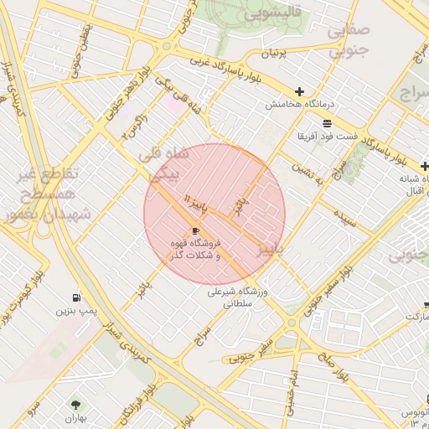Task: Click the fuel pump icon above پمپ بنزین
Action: pos(77,297)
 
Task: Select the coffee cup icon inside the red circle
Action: pos(196,230)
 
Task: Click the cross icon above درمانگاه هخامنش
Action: pos(299,91)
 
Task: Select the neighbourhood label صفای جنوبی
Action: pos(347,41)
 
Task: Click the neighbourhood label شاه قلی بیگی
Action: pos(164,164)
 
